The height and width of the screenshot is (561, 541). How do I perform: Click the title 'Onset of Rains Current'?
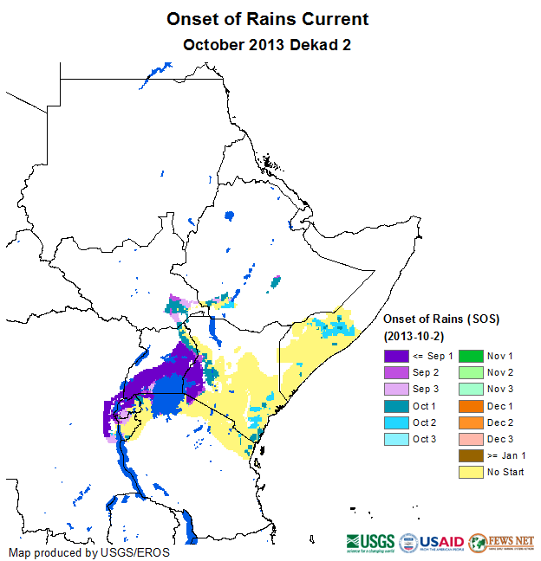(x=267, y=19)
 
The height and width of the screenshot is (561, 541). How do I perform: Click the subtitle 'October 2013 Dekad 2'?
(x=267, y=43)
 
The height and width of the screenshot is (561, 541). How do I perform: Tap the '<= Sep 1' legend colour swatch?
(x=397, y=356)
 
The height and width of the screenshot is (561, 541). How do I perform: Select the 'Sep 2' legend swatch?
(x=397, y=372)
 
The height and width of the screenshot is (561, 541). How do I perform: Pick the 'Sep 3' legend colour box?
(x=397, y=389)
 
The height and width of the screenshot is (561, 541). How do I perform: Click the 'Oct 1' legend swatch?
(x=397, y=405)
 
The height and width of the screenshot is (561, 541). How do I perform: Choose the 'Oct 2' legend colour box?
(x=397, y=422)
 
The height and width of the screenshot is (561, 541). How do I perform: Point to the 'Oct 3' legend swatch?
(x=397, y=439)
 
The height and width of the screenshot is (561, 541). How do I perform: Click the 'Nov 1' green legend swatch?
(x=470, y=356)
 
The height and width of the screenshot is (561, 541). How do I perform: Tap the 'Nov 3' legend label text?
(x=500, y=389)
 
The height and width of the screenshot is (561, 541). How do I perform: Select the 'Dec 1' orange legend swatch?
(x=470, y=405)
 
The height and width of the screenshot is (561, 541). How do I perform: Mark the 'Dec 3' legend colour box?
(x=470, y=439)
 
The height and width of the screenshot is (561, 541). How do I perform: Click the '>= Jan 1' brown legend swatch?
(x=470, y=455)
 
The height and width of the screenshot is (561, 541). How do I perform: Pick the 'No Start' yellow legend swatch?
(x=470, y=472)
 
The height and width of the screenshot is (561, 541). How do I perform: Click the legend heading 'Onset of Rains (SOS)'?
(x=441, y=319)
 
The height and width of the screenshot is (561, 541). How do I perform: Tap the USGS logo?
(x=370, y=543)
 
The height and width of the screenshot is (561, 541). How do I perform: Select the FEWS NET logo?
(x=501, y=543)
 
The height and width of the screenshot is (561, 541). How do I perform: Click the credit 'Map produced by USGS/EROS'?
(x=89, y=551)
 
